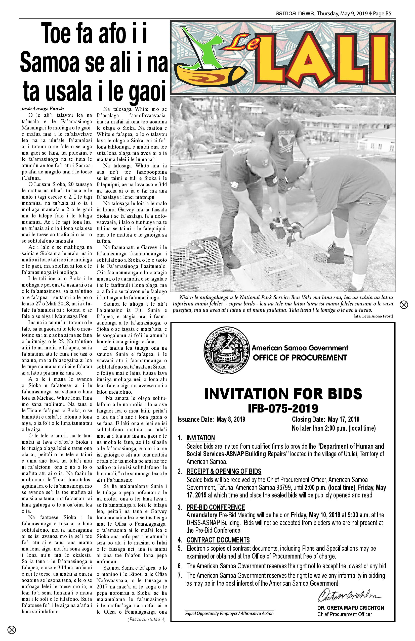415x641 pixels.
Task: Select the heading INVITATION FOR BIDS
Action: click(283, 394)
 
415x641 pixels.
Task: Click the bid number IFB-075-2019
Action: click(283, 408)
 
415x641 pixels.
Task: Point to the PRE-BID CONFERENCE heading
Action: click(216, 507)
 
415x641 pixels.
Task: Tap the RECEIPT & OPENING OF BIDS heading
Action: click(224, 471)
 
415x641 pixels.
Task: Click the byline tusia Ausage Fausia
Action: click(43, 109)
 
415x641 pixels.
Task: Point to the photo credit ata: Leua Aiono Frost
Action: click(373, 316)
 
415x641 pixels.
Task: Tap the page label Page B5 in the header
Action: click(382, 14)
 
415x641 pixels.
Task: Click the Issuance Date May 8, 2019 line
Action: click(211, 419)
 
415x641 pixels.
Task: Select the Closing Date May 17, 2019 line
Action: click(325, 419)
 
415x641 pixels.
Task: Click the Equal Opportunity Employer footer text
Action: click(229, 613)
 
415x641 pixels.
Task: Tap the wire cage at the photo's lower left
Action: click(197, 256)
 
